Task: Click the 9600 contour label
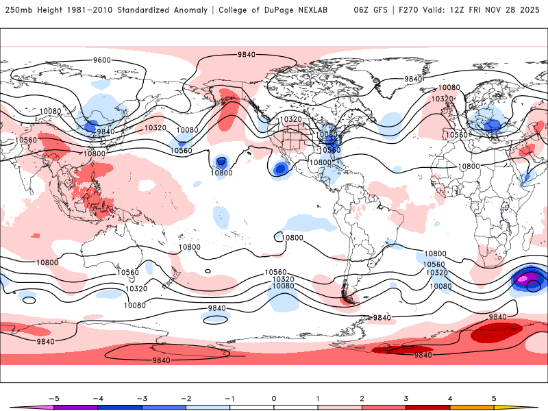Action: click(102, 60)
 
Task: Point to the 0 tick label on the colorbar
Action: click(274, 398)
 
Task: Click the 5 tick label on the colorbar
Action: click(494, 398)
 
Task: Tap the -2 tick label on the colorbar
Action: click(185, 398)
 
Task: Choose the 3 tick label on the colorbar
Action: click(406, 398)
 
